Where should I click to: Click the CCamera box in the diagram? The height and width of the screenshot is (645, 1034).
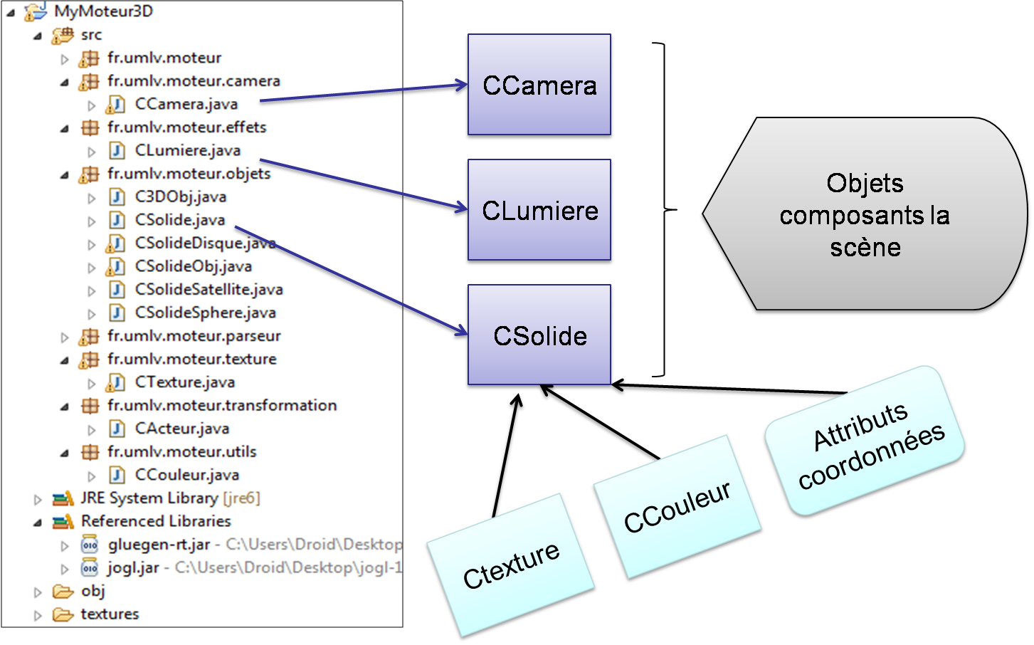[x=539, y=85]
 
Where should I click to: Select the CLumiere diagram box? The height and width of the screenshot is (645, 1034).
[x=539, y=211]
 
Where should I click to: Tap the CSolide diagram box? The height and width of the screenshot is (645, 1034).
[x=539, y=336]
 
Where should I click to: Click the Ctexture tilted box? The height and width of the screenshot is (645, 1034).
[x=511, y=565]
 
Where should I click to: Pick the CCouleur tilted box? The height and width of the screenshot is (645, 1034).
[x=677, y=507]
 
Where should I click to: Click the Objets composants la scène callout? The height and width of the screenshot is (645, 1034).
[x=865, y=215]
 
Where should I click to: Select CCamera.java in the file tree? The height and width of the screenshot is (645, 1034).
[x=186, y=104]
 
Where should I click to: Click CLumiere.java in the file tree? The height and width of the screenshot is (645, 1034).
[x=187, y=150]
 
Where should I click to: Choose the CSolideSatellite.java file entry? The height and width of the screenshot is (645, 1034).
[x=209, y=289]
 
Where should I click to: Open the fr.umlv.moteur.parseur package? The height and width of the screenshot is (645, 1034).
[x=194, y=335]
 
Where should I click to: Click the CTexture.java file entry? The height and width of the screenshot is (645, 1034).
[x=184, y=382]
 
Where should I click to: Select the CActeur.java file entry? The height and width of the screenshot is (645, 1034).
[x=181, y=428]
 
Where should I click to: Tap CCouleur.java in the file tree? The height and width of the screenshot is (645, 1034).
[x=186, y=474]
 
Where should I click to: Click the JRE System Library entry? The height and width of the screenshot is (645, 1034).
[x=149, y=498]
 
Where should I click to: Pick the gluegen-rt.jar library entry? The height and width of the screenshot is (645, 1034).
[x=158, y=545]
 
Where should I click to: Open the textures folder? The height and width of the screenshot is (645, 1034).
[x=110, y=614]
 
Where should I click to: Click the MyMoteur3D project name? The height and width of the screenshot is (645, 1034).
[x=103, y=11]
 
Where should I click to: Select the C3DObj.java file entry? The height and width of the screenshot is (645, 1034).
[x=180, y=196]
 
